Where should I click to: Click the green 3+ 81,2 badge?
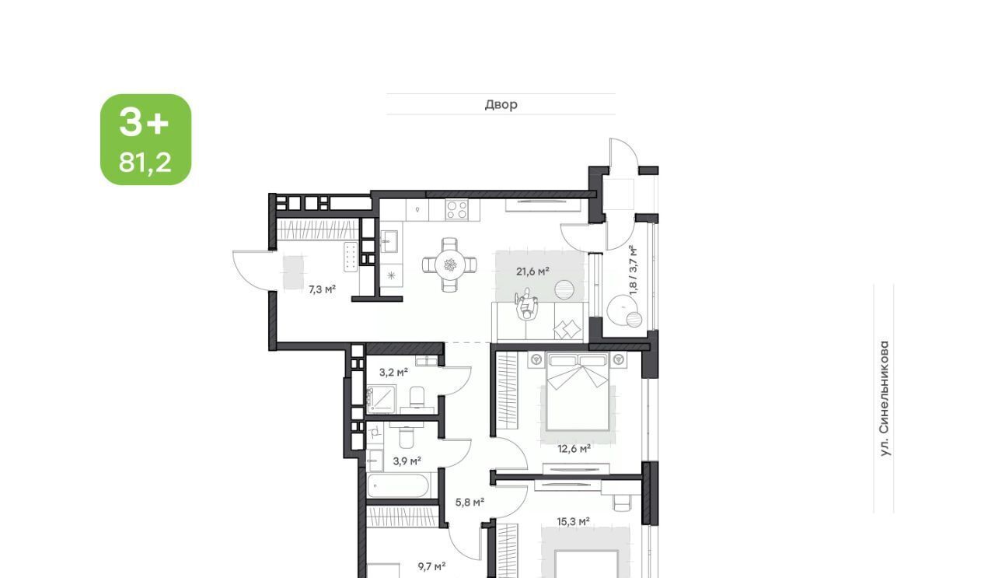tap(145, 139)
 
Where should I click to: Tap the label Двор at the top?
tap(501, 104)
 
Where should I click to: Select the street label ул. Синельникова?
tap(885, 398)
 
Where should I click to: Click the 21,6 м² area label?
tap(532, 271)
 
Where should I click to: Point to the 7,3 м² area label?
tap(322, 289)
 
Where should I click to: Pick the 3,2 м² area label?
tap(393, 372)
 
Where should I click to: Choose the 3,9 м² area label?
tap(407, 461)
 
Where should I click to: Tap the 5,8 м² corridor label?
tap(470, 503)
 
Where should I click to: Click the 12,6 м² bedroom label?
tap(574, 449)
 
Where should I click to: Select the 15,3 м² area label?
tap(574, 521)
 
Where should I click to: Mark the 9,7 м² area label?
tap(431, 566)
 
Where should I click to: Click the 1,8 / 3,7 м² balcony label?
tap(634, 270)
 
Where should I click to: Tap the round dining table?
tap(450, 265)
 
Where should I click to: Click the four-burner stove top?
tap(457, 209)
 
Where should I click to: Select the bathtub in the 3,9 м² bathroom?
tap(398, 486)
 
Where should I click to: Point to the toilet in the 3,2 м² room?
tap(417, 397)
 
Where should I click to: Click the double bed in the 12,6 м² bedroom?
tap(578, 391)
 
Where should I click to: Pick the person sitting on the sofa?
tap(527, 305)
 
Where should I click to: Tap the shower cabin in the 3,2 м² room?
tap(382, 398)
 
